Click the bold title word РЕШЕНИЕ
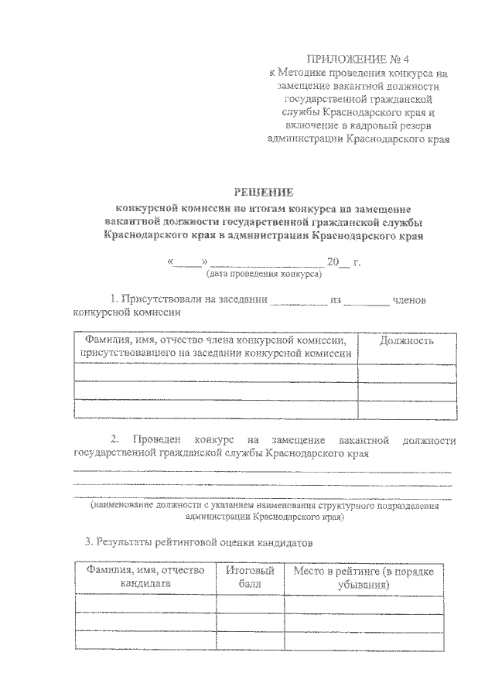coord(265,193)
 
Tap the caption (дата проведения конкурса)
coord(264,275)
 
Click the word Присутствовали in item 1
coord(174,299)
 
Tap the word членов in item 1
coord(420,299)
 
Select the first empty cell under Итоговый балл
coord(250,603)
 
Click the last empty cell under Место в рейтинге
coord(364,640)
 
